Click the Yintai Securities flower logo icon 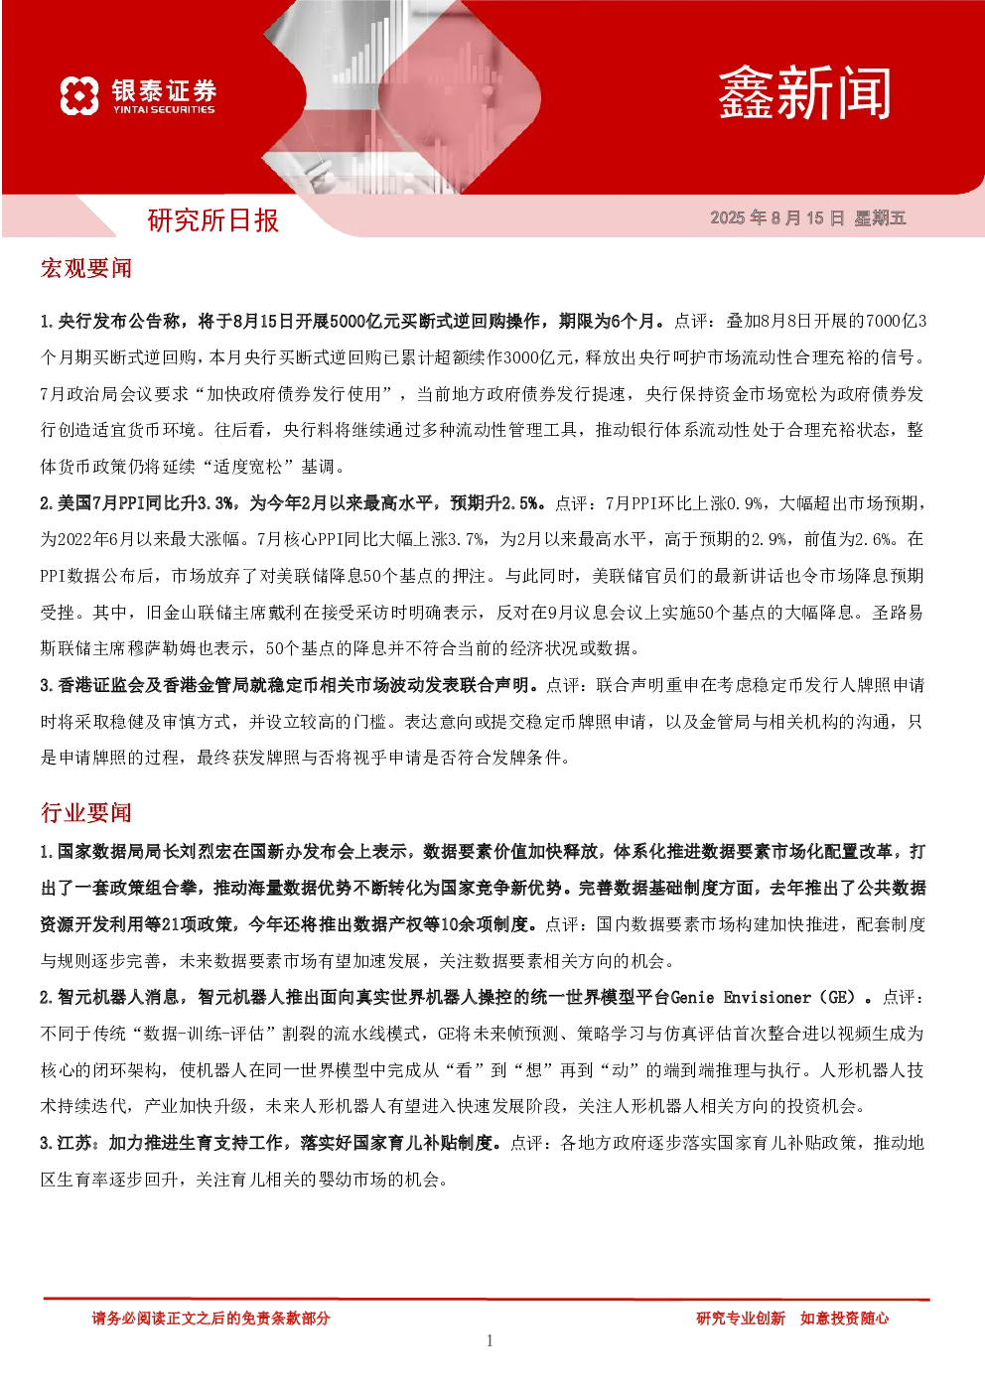pos(79,95)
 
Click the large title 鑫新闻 pos(804,94)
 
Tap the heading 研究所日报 pos(212,220)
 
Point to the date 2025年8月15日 pos(777,217)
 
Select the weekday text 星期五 pos(880,217)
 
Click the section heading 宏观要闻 pos(85,269)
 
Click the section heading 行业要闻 pos(85,813)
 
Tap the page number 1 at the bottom pos(490,1341)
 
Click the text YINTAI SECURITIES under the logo pos(164,109)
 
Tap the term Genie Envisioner pos(741,998)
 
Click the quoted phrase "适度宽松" pos(248,467)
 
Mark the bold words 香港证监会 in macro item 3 pos(100,685)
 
